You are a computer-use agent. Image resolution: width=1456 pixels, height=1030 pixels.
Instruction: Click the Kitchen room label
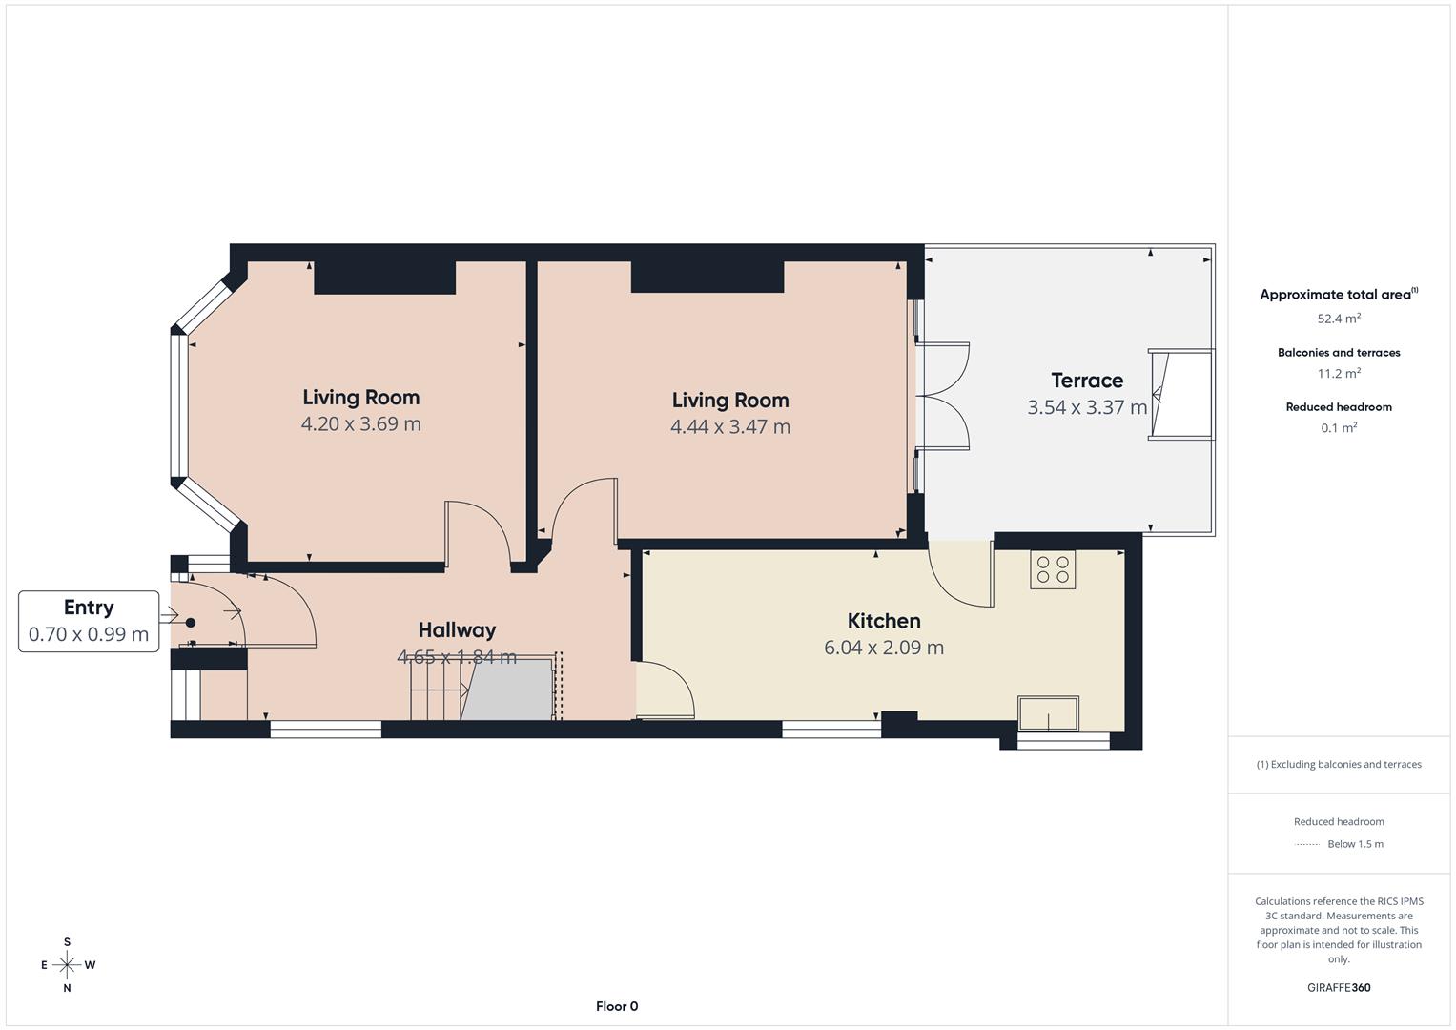point(884,621)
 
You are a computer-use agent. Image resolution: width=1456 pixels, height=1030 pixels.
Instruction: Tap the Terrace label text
point(1086,381)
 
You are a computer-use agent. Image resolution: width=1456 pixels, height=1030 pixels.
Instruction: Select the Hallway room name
point(457,630)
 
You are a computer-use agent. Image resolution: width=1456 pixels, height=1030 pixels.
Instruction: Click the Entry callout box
point(89,621)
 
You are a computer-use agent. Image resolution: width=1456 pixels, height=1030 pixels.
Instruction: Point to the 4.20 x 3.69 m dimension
point(360,424)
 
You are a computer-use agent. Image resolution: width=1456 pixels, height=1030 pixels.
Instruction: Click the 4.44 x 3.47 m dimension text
point(729,427)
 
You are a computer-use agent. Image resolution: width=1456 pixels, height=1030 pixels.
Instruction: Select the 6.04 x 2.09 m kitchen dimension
point(884,648)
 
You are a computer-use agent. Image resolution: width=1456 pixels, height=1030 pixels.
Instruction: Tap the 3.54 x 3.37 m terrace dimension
point(1086,407)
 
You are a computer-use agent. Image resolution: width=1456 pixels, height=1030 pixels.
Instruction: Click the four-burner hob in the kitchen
point(1052,569)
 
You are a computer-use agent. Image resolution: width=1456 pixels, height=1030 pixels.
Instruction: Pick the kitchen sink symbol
point(1048,713)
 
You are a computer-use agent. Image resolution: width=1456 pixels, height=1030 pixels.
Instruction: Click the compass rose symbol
point(67,965)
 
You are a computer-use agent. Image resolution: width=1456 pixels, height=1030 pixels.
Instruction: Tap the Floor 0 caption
point(616,1006)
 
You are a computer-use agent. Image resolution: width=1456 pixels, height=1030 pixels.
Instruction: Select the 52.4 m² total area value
point(1339,319)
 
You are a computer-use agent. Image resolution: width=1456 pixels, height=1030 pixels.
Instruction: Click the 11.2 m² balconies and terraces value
point(1339,374)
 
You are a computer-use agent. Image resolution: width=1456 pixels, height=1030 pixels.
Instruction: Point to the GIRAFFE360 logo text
point(1339,988)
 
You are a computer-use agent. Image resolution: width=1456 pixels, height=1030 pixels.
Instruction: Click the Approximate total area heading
point(1337,295)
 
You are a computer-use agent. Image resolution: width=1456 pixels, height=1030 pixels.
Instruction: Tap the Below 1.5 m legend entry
point(1354,844)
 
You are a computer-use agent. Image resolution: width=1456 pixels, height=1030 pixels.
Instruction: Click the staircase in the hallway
point(439,690)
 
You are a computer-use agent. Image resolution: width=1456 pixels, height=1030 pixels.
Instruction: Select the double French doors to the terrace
point(942,396)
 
